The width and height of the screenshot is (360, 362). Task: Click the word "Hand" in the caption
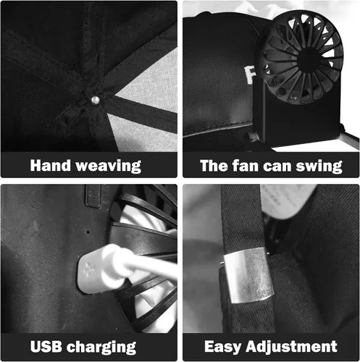click(51, 166)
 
